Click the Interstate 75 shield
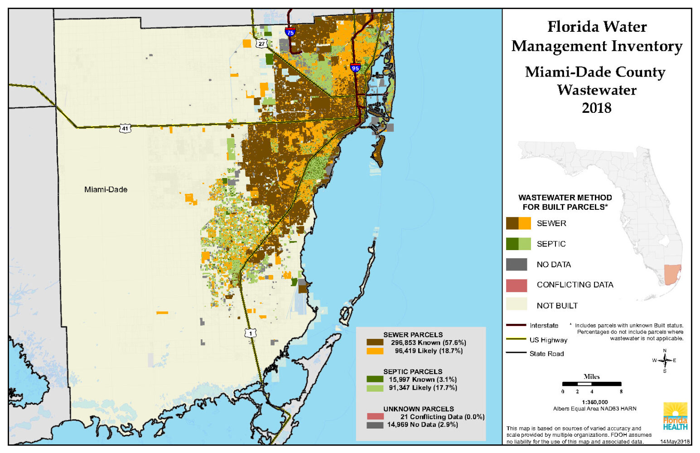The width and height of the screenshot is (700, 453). click(290, 32)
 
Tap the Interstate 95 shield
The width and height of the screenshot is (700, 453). click(355, 68)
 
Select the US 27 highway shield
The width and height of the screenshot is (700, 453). click(261, 44)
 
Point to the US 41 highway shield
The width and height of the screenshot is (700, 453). click(125, 128)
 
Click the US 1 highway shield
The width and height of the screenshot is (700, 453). click(251, 333)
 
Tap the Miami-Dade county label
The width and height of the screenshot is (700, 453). click(106, 189)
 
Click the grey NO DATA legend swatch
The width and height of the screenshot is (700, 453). click(517, 265)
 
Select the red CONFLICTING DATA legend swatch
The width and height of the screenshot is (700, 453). click(517, 285)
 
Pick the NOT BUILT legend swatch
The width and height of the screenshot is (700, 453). click(517, 305)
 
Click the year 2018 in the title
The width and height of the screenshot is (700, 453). click(596, 108)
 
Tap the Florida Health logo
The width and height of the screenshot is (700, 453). click(675, 416)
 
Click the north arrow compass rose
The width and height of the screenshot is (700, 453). click(665, 361)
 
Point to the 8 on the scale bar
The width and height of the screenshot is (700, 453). click(621, 391)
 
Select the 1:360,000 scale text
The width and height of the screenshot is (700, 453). click(594, 402)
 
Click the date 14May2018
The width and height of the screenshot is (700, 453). click(675, 442)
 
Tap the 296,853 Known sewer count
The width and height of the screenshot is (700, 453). click(428, 342)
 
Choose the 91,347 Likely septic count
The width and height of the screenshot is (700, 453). click(423, 388)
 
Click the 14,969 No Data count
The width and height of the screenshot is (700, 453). click(422, 424)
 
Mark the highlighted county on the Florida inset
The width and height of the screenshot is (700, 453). click(672, 275)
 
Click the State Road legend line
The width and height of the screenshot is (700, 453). click(516, 353)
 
